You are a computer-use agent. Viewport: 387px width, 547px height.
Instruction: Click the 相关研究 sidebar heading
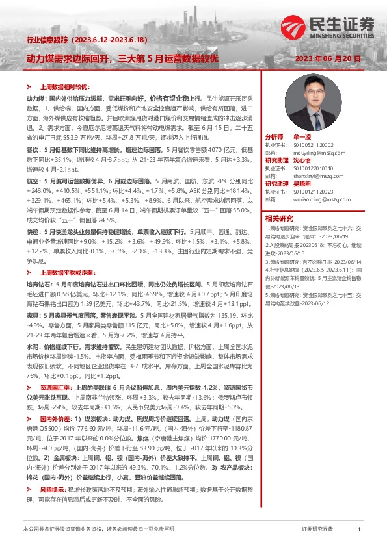280,218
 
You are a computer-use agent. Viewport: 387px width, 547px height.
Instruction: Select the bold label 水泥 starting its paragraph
31,348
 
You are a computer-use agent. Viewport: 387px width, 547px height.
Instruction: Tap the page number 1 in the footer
359,530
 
